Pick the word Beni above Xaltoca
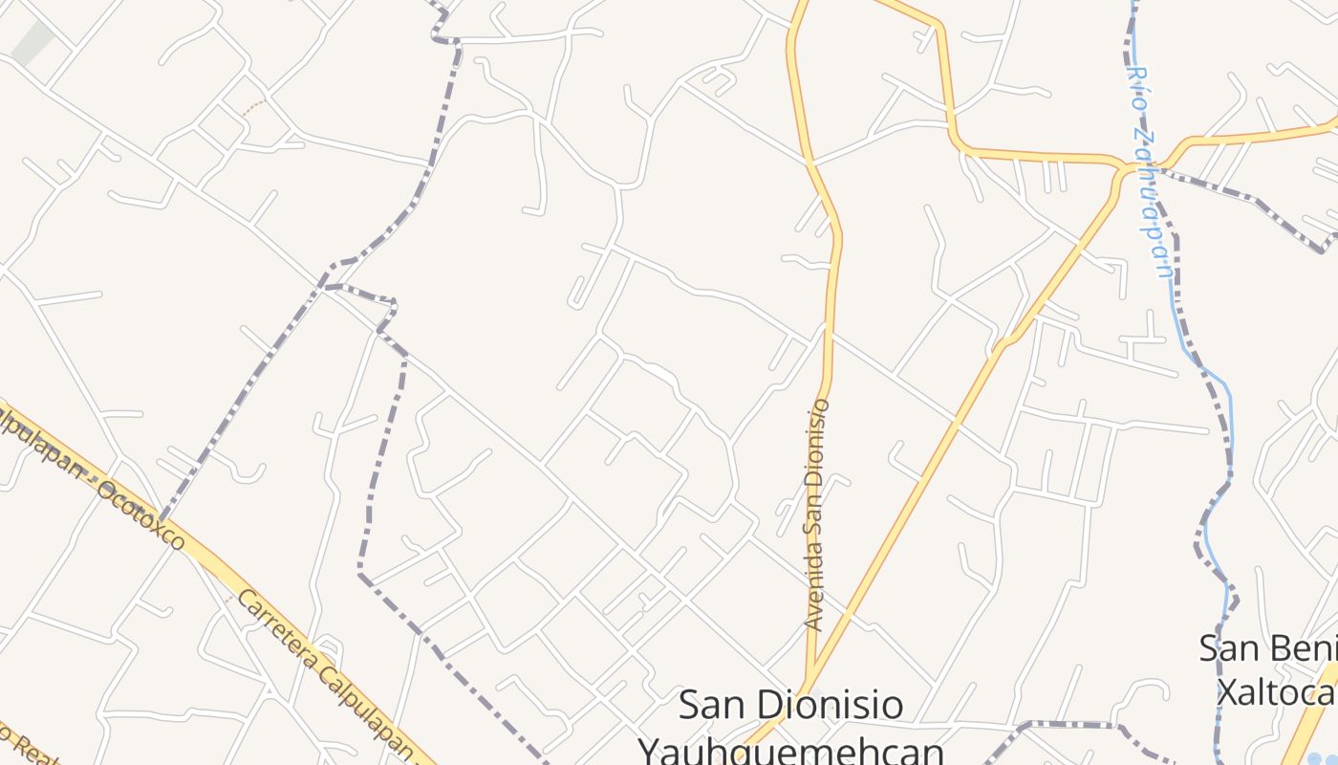click(x=1301, y=647)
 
